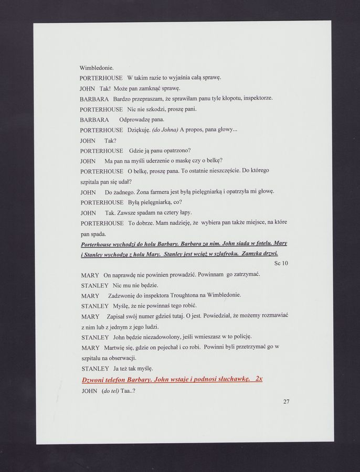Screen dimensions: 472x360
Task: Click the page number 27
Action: click(286, 402)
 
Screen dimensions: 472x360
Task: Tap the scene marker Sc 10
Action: click(281, 263)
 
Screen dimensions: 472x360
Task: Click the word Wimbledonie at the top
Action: click(93, 68)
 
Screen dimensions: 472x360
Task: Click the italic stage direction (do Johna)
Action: click(165, 130)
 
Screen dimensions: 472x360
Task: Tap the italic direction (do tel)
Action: click(110, 391)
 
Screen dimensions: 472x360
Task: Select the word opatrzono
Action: click(176, 151)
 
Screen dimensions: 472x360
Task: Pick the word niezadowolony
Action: click(155, 337)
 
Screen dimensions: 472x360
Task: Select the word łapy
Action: click(184, 212)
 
